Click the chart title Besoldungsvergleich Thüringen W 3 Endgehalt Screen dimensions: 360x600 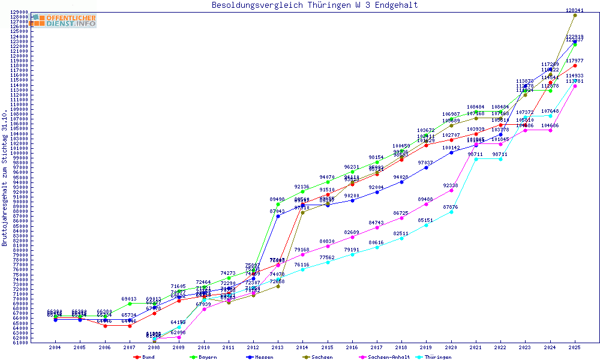pos(314,5)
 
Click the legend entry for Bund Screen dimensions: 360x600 pos(147,356)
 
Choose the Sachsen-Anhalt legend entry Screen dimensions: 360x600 pos(387,356)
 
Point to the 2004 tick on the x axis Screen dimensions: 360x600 pos(55,347)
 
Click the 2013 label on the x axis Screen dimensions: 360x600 pos(278,347)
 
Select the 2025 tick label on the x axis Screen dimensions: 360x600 pos(575,347)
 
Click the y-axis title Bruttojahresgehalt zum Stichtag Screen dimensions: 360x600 pos(5,178)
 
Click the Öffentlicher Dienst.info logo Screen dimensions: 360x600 pos(63,21)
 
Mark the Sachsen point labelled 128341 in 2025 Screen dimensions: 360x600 pos(575,15)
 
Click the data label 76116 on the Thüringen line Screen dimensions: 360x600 pos(302,265)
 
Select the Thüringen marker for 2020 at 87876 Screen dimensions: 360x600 pos(451,212)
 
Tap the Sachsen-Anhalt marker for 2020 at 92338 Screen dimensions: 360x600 pos(451,190)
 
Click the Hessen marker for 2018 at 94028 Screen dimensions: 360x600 pos(401,182)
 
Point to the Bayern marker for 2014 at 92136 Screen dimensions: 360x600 pos(302,191)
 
